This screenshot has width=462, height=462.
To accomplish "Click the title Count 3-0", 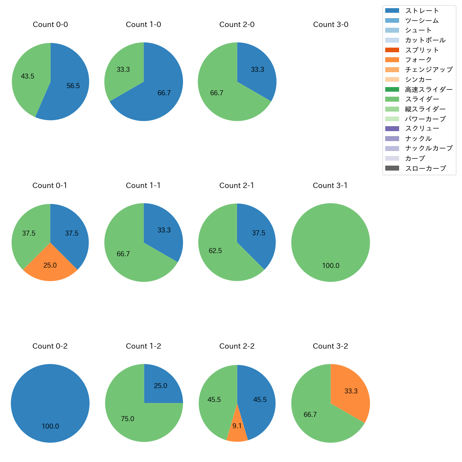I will click(x=331, y=25).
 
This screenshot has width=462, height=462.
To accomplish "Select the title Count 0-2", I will click(x=50, y=346).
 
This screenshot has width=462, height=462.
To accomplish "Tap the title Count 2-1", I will click(x=237, y=186).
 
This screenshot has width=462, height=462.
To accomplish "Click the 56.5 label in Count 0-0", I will click(x=73, y=86).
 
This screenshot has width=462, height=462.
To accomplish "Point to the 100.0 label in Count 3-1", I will click(x=331, y=265).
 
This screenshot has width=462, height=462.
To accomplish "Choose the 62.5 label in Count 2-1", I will click(x=215, y=251).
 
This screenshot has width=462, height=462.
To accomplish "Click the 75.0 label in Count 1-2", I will click(x=128, y=419).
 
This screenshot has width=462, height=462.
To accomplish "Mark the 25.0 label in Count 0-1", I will click(x=50, y=265).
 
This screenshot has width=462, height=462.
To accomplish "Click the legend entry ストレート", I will click(x=422, y=11).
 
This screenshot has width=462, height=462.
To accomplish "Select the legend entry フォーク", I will click(x=418, y=60).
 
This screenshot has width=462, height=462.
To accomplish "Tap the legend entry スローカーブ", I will click(x=425, y=168).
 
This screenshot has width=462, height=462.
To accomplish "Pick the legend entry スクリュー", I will click(x=422, y=129).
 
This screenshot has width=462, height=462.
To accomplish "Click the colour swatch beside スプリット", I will click(x=392, y=50).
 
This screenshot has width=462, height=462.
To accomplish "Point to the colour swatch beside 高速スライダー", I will click(x=392, y=90).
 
